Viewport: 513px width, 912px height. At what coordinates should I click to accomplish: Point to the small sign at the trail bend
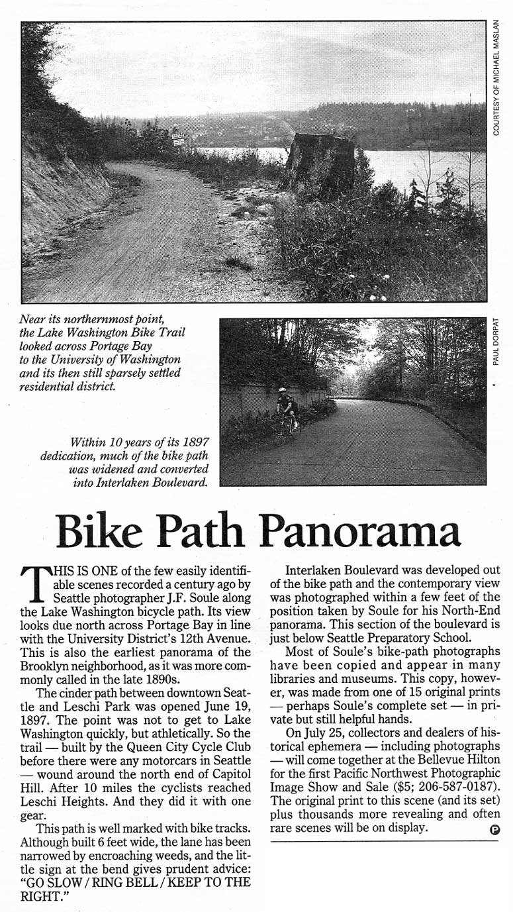179,139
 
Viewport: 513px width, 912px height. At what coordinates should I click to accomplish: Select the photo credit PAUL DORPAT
496,342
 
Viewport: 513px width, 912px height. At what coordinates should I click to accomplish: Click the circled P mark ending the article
494,829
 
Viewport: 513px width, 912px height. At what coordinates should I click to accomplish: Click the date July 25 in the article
315,733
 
